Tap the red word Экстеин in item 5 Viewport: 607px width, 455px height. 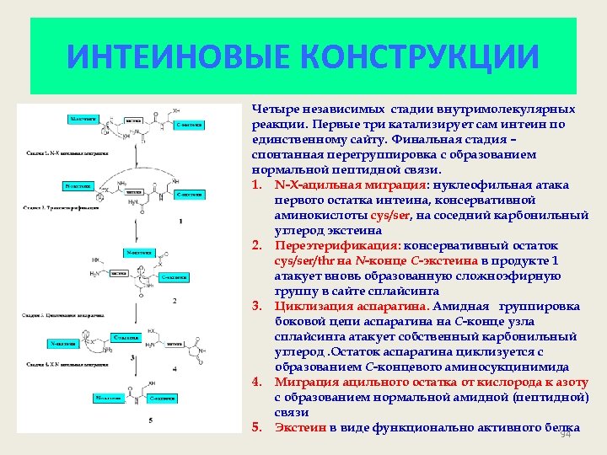coord(299,428)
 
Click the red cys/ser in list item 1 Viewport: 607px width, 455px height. coord(379,216)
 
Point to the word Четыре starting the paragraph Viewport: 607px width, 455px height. coord(273,110)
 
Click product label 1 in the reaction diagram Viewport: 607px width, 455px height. coord(179,221)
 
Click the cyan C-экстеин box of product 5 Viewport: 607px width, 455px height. coord(165,397)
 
